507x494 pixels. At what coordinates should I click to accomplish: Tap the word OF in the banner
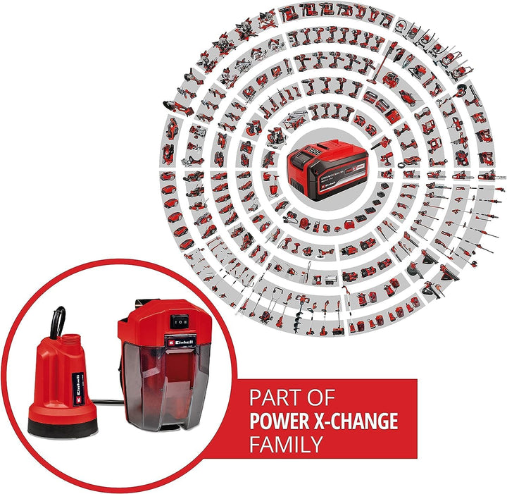(320, 399)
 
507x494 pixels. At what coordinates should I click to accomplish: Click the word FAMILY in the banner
(286, 445)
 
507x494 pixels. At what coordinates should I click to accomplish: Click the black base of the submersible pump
(66, 424)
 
